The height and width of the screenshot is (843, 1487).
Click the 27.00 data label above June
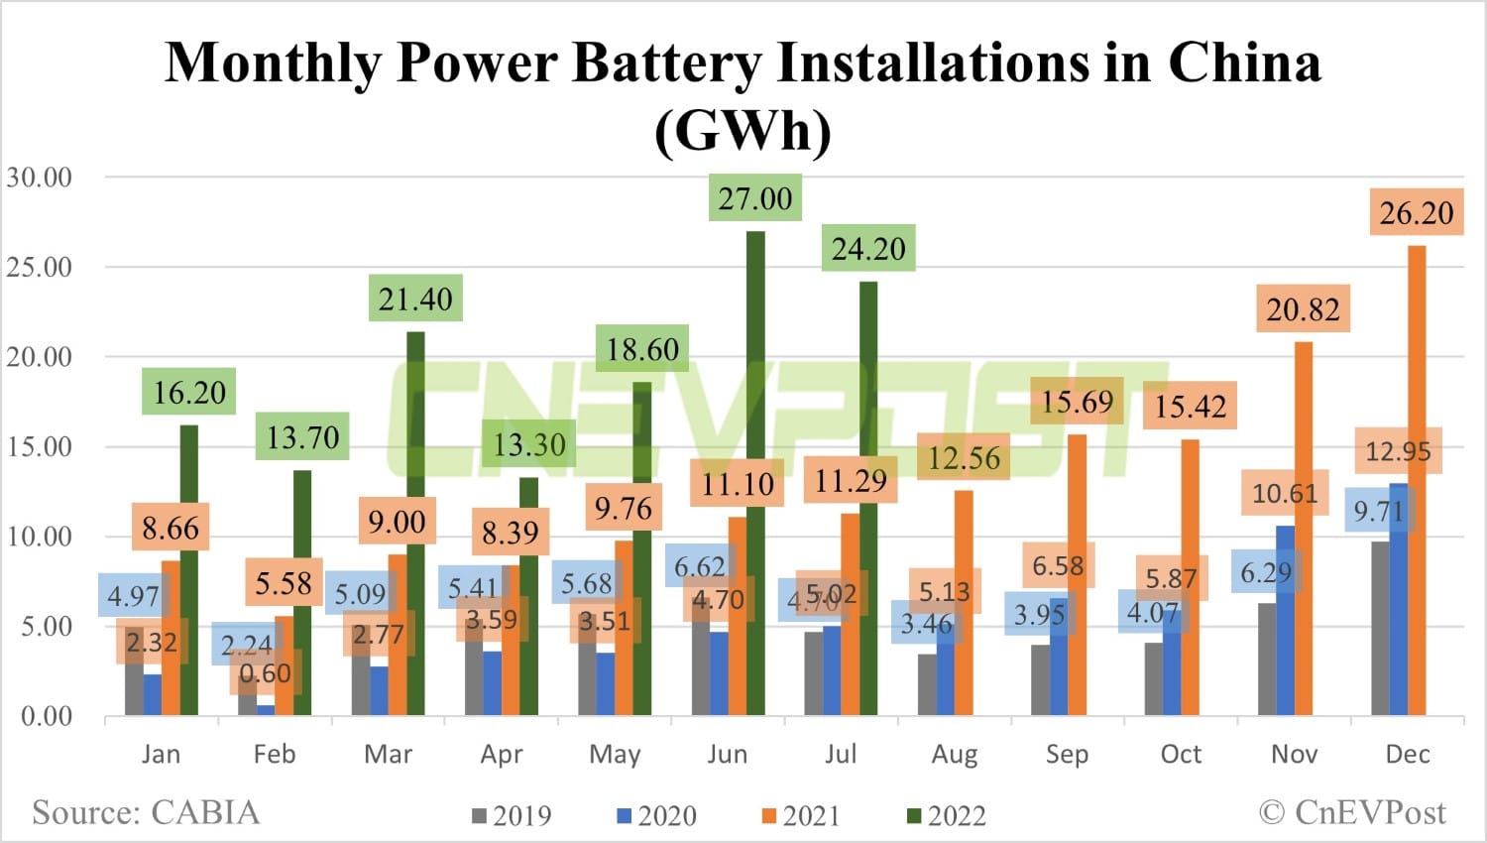point(755,198)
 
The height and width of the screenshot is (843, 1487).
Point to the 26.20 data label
point(1417,213)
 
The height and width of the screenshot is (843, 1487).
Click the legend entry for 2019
point(512,816)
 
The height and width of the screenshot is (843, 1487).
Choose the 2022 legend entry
point(947,816)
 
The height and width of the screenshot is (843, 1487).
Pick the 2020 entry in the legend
point(656,816)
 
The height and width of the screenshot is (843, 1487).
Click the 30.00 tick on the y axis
point(40,178)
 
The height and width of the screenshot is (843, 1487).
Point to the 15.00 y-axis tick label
point(40,446)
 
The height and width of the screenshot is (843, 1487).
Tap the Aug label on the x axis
point(954,755)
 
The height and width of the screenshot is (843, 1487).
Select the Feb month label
point(275,755)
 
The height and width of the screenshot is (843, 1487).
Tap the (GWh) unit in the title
point(743,130)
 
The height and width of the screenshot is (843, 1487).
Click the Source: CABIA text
point(146,813)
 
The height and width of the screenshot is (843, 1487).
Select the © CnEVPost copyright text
point(1352,813)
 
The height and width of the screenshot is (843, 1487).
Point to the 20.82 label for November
point(1303,310)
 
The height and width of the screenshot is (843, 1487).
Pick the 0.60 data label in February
point(266,674)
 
